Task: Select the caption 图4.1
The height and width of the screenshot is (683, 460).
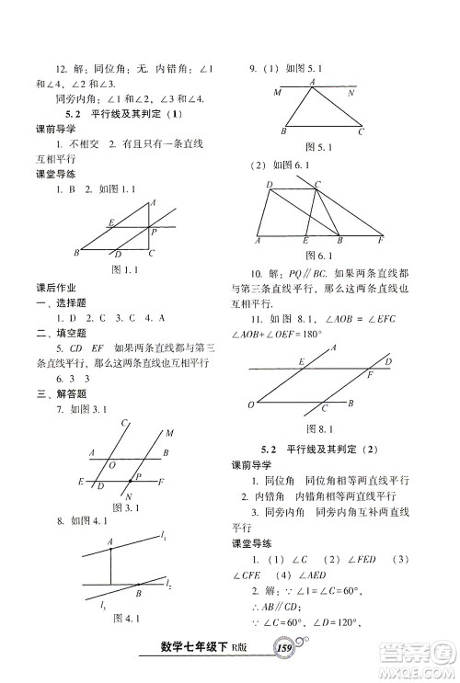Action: [x=123, y=643]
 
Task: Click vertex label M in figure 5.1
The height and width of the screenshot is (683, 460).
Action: [x=276, y=93]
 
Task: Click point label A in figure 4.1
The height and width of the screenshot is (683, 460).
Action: [x=109, y=542]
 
